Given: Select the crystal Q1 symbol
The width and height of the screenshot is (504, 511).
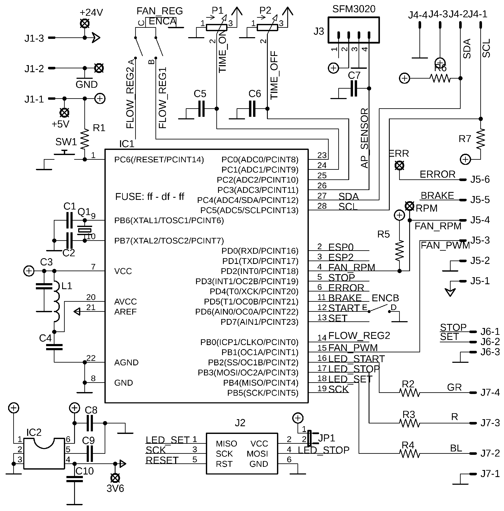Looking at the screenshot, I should point(85,230).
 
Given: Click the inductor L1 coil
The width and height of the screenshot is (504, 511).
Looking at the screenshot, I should point(57,302).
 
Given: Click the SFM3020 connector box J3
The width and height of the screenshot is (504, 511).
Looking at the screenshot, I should point(353,30).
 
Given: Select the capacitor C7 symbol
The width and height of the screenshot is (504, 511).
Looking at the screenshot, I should point(354,89).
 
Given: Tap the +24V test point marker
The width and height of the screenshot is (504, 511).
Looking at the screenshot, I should point(85,23).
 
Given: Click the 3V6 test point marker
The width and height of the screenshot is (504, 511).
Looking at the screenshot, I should point(115,478).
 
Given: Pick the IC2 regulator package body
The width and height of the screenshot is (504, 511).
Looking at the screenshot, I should point(44,454).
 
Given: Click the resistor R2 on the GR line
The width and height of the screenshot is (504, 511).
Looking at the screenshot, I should point(409,392).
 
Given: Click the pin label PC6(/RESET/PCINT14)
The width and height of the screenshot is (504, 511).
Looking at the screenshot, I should point(159,160).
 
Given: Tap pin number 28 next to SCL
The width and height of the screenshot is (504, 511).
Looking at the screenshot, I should point(322,206).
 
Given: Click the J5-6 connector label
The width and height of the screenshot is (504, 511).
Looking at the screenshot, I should point(480,180).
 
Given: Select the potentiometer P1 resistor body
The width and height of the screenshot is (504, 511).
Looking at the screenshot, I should point(216,28).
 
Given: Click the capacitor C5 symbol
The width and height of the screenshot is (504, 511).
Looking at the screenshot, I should point(201,109).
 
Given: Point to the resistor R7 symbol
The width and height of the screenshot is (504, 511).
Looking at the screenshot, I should point(481,139).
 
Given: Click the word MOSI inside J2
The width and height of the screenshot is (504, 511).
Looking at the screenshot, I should point(257,454).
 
